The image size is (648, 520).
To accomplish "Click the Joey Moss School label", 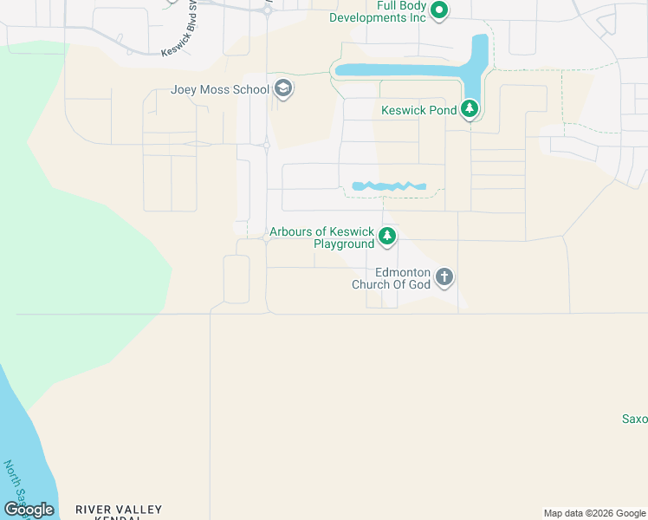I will point(220,88).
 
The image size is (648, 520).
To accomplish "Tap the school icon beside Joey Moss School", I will point(282,88).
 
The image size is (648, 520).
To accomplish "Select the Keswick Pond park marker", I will point(470,110).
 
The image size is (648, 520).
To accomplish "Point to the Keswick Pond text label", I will point(419,110).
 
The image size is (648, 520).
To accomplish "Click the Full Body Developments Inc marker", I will point(439,10).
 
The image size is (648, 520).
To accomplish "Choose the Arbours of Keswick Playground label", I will point(321,237).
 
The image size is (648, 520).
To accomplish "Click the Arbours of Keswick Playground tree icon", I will point(388,236).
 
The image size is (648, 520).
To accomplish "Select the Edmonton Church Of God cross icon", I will point(444,277).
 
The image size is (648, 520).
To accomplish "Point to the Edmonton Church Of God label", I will point(391,278).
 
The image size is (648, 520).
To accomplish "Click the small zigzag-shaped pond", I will point(389,186).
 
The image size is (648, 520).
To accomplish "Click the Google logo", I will point(29,510).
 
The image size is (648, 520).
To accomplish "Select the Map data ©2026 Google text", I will point(594,514).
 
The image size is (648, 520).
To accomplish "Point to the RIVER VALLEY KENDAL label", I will point(119,512).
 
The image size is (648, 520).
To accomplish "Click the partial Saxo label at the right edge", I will point(634,419).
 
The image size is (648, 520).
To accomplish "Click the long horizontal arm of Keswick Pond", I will point(399,70).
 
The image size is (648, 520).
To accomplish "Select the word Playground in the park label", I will point(343,244).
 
